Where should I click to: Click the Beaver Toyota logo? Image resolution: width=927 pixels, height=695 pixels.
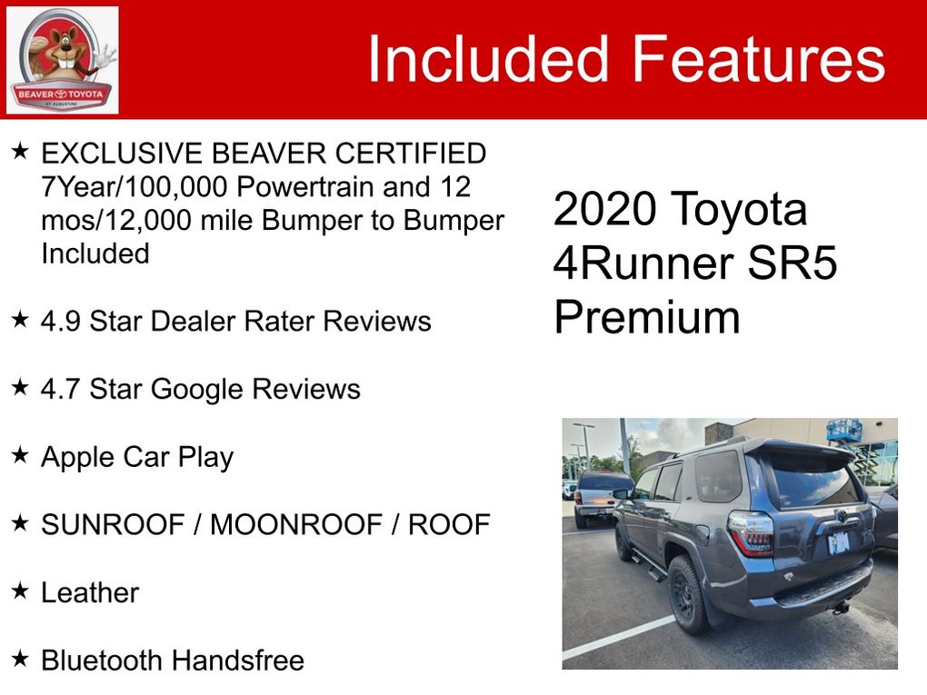pos(62,60)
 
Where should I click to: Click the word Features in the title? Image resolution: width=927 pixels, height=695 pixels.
pos(759,59)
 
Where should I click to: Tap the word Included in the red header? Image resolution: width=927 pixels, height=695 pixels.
pos(488,59)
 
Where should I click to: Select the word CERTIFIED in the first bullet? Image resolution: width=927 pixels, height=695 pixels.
pos(411,154)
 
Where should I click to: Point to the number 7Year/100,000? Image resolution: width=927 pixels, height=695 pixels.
pos(135,187)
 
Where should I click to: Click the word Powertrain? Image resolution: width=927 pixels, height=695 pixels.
pos(305,187)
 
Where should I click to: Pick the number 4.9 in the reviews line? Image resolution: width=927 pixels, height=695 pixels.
pos(60,322)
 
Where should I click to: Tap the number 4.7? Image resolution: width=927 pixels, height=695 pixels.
pos(60,390)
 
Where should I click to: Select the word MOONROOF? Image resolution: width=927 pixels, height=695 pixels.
pos(296,525)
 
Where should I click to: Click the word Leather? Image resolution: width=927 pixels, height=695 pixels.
pos(90,592)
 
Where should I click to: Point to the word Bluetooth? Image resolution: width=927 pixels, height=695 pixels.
pos(102,660)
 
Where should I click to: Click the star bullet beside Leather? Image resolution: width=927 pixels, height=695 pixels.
pos(20,591)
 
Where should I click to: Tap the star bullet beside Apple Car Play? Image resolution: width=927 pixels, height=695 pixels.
pos(20,454)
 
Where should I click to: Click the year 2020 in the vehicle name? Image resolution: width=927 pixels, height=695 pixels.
pos(605,209)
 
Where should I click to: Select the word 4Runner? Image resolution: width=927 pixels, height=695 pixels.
pos(645,263)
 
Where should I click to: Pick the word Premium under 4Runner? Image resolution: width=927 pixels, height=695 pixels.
pos(647,317)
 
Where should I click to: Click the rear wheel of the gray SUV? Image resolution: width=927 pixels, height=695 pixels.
pos(688,594)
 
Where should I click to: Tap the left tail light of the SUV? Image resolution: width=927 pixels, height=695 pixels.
pos(751,534)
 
